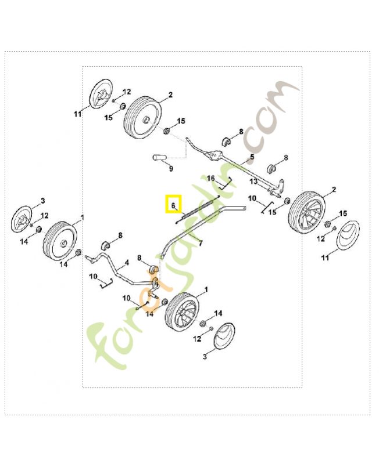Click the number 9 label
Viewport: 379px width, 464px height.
[171, 169]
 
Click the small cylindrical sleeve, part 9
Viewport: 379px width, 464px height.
[159, 157]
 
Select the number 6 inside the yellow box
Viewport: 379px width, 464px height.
[173, 205]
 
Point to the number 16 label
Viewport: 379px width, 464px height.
[210, 179]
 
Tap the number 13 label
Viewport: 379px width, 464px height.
[253, 181]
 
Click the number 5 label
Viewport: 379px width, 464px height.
[252, 157]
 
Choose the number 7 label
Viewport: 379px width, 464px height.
[201, 243]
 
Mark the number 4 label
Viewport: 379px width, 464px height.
[127, 263]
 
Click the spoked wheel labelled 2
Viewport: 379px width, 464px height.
[308, 212]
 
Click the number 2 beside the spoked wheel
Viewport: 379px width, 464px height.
[334, 190]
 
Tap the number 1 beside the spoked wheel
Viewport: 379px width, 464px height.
[206, 289]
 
